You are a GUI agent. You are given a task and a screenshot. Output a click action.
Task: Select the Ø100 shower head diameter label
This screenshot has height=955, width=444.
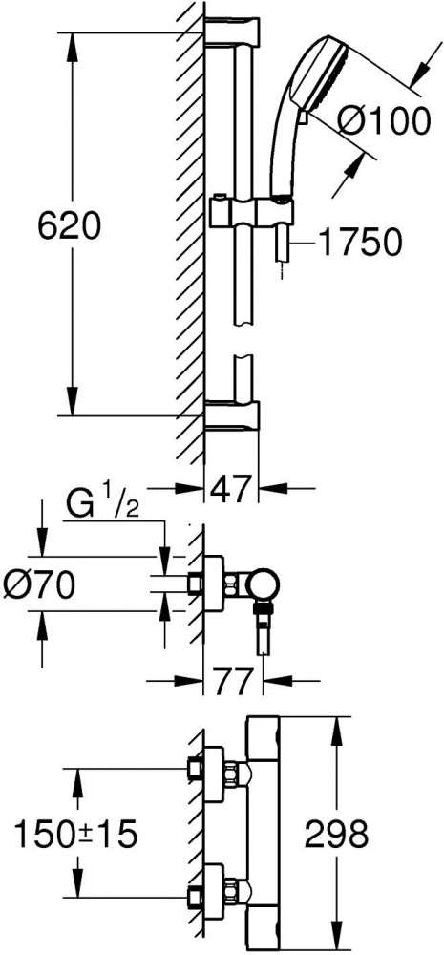tap(384, 122)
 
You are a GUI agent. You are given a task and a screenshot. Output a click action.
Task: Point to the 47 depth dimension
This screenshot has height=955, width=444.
tap(231, 488)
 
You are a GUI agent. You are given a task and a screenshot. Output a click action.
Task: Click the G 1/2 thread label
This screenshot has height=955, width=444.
tap(102, 507)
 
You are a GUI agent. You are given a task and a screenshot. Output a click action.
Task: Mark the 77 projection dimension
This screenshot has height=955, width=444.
tap(232, 681)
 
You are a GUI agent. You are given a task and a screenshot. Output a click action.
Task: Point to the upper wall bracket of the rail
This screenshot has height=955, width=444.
tap(232, 31)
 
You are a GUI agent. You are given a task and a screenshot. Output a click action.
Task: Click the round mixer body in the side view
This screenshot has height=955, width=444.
tap(264, 586)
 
